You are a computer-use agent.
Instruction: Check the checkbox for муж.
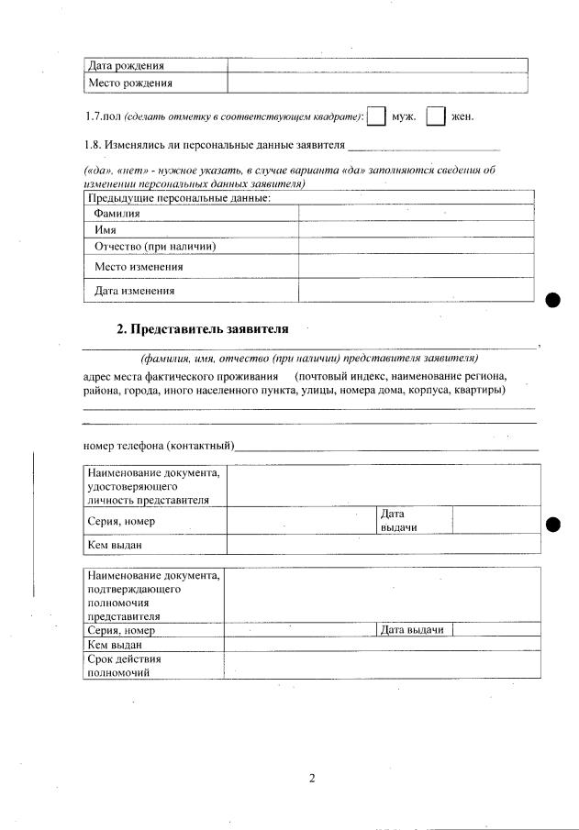tap(376, 117)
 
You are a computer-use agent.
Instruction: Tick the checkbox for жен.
tap(436, 117)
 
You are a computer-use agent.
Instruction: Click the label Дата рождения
tap(126, 66)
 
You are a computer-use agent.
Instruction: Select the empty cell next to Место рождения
tap(377, 83)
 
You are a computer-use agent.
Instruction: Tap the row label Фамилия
tap(117, 214)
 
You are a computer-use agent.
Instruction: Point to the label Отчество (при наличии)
tap(155, 246)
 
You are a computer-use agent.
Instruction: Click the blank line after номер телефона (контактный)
tap(385, 448)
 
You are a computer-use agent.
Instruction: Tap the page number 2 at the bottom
tap(311, 780)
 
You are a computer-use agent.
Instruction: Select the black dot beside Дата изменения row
tap(552, 300)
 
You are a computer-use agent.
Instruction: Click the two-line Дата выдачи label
tap(397, 521)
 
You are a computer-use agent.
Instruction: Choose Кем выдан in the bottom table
tap(109, 645)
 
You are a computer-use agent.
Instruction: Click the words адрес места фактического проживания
tap(180, 377)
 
